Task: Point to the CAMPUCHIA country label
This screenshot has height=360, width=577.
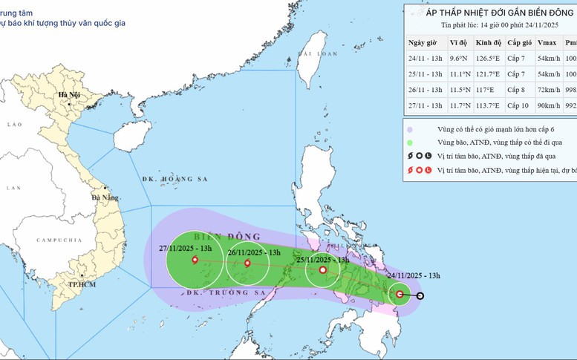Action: [x=57, y=240]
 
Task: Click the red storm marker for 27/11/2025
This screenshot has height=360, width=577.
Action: [x=195, y=260]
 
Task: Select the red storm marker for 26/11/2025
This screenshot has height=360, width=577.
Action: [x=247, y=263]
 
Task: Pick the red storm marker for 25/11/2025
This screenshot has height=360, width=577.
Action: [x=322, y=270]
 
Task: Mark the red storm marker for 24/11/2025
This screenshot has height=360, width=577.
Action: [x=400, y=295]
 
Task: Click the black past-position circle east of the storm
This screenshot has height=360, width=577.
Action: [x=420, y=296]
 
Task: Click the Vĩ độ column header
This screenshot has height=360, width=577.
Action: [x=460, y=42]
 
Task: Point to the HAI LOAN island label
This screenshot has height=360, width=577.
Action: [x=311, y=54]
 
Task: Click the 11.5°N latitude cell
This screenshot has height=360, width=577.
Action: [x=460, y=89]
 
